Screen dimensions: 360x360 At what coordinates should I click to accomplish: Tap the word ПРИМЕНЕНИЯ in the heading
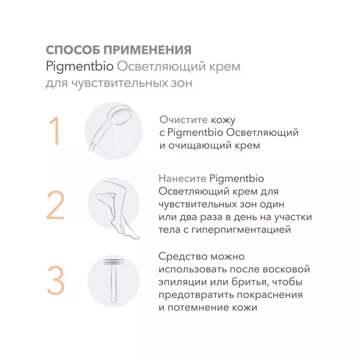pos(148,50)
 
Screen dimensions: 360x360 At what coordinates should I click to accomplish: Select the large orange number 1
pos(55,131)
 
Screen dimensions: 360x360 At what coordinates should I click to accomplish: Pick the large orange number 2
pos(56,205)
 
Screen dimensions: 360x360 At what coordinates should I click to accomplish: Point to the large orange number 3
pos(56,280)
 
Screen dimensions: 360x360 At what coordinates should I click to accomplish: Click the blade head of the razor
pos(114,262)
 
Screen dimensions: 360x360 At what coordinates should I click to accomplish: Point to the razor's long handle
pos(114,284)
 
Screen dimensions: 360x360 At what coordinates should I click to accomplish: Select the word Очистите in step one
pos(184,120)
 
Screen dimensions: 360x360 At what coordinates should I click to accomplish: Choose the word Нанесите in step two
pos(182,178)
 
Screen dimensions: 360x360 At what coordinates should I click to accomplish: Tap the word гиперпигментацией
pos(241,230)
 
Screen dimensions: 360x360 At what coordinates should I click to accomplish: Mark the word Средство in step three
pos(183,256)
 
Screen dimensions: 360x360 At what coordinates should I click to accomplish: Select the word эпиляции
pos(183,282)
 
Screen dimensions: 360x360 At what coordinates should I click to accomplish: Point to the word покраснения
pos(269,295)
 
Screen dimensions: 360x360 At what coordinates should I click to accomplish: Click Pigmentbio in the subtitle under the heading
pos(80,67)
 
